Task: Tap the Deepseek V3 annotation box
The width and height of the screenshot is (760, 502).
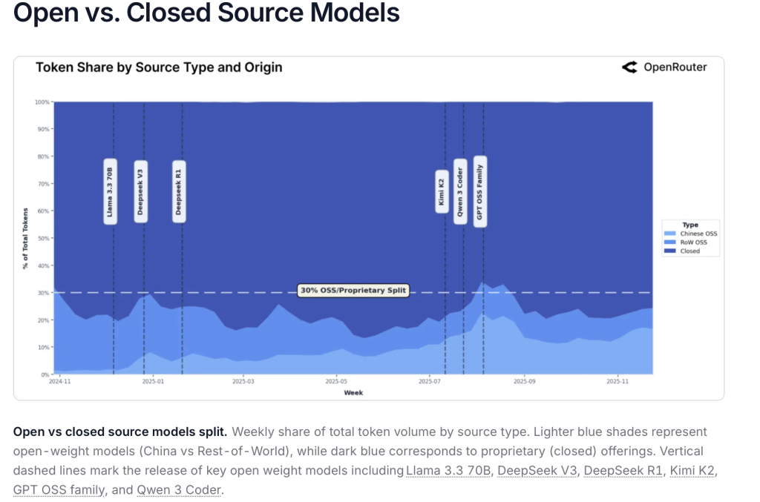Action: point(140,191)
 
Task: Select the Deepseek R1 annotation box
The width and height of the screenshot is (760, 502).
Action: point(178,191)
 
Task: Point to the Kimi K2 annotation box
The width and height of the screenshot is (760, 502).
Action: point(441,191)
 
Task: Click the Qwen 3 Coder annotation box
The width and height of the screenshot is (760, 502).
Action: point(460,191)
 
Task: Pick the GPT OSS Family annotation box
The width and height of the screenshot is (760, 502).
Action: point(480,191)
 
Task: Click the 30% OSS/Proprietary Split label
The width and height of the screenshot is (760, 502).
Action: point(353,291)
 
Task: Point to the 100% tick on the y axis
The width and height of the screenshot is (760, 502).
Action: point(42,102)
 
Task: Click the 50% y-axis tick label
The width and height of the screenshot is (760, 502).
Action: point(43,238)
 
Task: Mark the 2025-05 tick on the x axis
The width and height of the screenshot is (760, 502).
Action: point(336,382)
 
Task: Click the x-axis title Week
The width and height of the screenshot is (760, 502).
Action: point(353,392)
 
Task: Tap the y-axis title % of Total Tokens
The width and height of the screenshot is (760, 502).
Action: point(25,238)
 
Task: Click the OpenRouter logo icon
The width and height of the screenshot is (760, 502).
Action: point(629,67)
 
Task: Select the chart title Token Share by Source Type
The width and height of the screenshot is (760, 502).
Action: point(159,67)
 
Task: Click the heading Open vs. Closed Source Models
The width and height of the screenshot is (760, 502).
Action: point(206,13)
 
